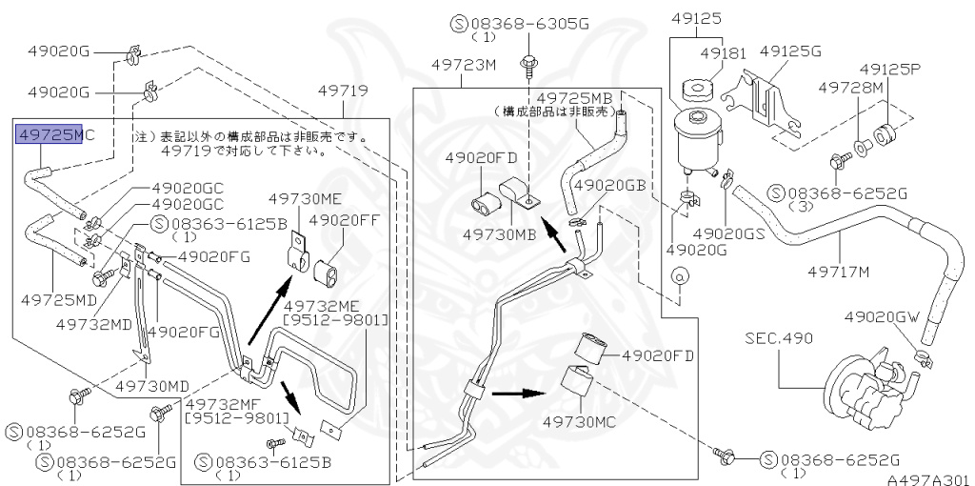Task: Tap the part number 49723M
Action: click(464, 66)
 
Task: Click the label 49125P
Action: click(890, 70)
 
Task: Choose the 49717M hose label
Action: click(839, 273)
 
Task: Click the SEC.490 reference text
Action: click(778, 338)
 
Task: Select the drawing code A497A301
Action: click(933, 479)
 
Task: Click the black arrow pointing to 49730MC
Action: click(519, 392)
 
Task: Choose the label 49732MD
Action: click(93, 324)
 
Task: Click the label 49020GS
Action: click(729, 233)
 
